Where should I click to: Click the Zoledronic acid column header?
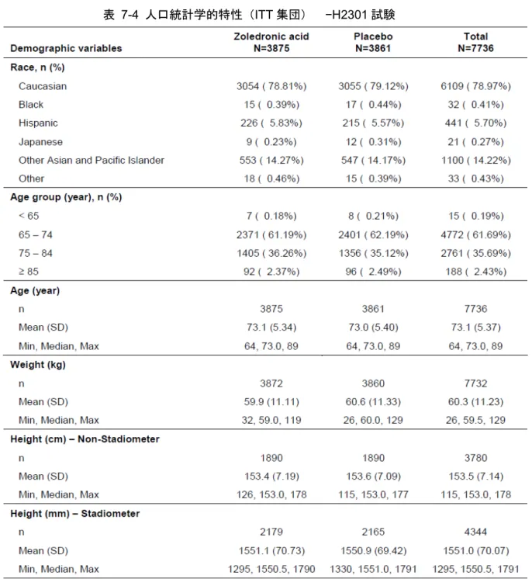(x=271, y=42)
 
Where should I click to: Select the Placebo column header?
(x=373, y=42)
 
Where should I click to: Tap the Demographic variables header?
(x=66, y=48)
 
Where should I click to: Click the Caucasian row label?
(x=43, y=86)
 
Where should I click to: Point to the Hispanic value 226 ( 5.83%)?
(x=271, y=123)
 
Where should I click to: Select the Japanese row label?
(x=40, y=142)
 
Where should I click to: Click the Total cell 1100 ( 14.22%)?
(x=476, y=160)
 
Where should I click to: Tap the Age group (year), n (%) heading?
(x=66, y=197)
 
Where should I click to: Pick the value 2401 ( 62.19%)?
(x=373, y=235)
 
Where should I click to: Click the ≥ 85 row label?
(x=29, y=272)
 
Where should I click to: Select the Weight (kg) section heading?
(x=38, y=365)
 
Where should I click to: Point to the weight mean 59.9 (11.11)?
(x=271, y=402)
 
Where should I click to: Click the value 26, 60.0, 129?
(x=373, y=420)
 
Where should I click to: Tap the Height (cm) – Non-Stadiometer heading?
(x=85, y=439)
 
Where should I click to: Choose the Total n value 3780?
(x=475, y=458)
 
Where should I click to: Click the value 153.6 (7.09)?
(x=373, y=477)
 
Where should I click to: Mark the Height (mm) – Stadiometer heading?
(x=75, y=514)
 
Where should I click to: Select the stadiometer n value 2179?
(x=271, y=532)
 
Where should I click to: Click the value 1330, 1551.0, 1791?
(x=373, y=569)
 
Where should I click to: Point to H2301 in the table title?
(x=348, y=15)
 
